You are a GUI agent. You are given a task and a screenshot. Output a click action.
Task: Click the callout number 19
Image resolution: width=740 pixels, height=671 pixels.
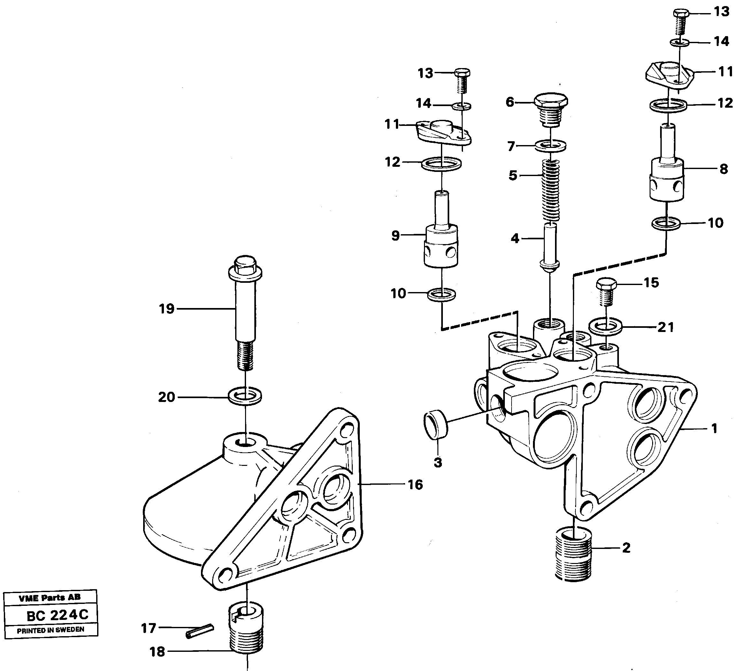click(x=166, y=309)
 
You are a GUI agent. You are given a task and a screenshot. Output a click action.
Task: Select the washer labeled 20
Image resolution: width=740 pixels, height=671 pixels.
click(x=245, y=396)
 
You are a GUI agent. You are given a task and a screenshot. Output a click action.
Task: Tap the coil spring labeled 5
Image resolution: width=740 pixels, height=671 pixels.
click(x=551, y=191)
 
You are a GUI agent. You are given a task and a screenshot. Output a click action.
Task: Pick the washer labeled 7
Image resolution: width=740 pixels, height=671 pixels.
click(x=551, y=146)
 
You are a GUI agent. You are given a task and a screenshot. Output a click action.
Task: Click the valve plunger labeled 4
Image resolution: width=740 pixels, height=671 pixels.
click(x=550, y=246)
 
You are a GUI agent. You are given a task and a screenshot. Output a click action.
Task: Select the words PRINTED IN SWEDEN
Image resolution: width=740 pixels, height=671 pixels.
click(x=51, y=630)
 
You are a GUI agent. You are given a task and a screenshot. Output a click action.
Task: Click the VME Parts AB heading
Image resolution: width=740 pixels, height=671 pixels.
click(x=50, y=598)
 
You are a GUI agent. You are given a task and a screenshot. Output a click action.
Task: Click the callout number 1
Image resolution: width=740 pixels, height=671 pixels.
click(x=714, y=428)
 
